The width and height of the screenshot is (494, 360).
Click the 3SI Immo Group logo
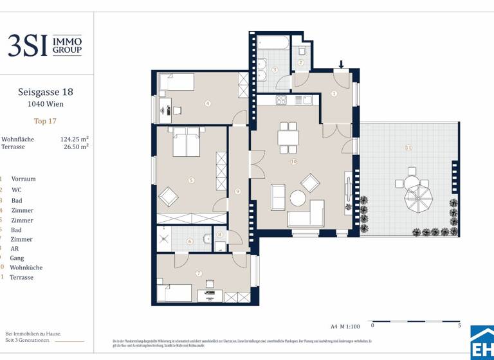tap(44, 45)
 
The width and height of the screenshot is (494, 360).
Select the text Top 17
tap(45, 120)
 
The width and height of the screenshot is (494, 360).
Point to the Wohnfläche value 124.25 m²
tap(74, 138)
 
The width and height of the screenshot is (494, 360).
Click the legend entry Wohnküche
tap(26, 267)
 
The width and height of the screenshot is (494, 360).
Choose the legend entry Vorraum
tap(23, 179)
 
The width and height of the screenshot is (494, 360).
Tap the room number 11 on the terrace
tap(408, 148)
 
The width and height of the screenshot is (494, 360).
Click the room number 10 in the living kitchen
tap(293, 161)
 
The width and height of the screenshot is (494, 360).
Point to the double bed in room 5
tap(186, 141)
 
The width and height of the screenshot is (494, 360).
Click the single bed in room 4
tap(176, 82)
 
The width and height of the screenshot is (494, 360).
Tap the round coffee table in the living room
tap(298, 198)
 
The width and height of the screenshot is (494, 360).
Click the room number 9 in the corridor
tap(238, 191)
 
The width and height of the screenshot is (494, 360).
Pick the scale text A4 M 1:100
tap(346, 327)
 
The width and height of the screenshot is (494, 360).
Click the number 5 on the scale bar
tap(459, 326)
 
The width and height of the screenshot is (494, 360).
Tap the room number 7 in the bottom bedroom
tap(199, 273)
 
